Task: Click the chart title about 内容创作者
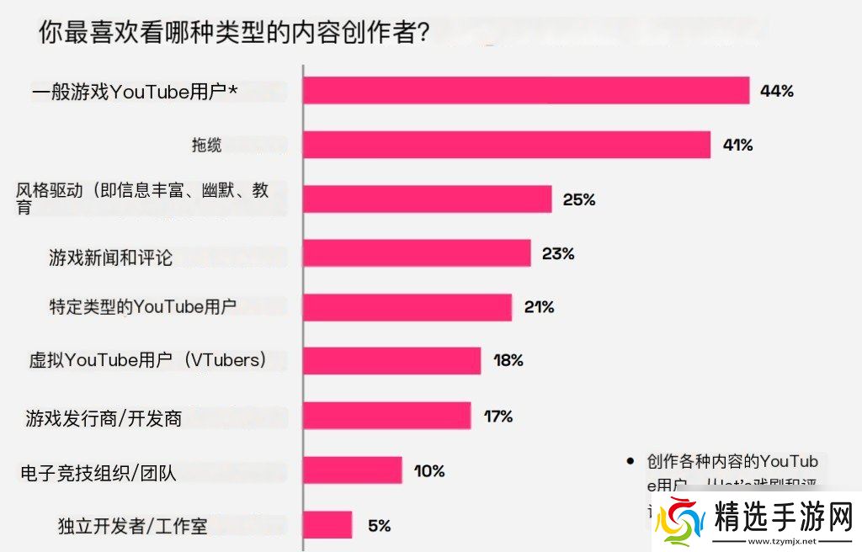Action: tap(235, 34)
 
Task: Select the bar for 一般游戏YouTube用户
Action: tap(526, 91)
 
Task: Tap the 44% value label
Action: tap(776, 91)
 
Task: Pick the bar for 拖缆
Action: tap(507, 145)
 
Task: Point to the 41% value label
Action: tap(737, 145)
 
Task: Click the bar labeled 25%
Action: tap(427, 199)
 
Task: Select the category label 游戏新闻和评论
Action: tap(110, 257)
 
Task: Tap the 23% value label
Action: tap(558, 253)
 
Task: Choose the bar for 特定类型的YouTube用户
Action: tap(407, 307)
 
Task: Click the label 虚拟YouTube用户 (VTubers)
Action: tap(148, 361)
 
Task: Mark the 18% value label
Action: tap(508, 361)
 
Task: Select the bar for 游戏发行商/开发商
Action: tap(387, 416)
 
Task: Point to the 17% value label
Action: tap(498, 416)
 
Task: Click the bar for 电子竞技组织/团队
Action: tap(353, 470)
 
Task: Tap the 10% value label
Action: tap(429, 470)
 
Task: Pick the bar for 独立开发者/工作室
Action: tap(327, 525)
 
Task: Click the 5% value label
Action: tap(379, 526)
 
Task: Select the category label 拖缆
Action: tap(207, 146)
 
